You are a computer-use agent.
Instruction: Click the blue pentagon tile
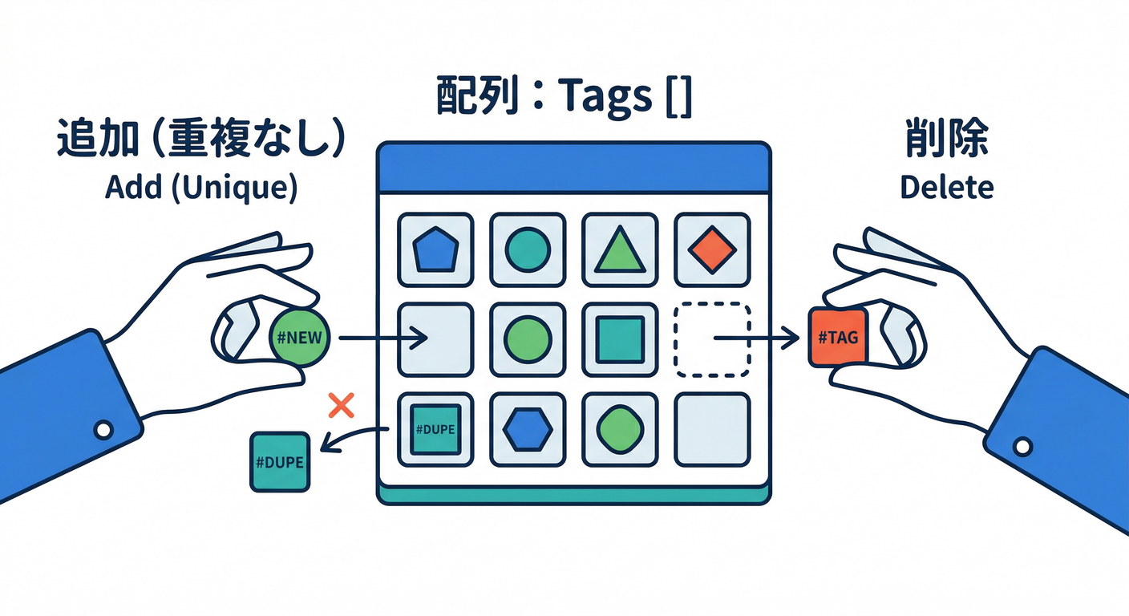(x=436, y=250)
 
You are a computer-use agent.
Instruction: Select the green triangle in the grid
(x=620, y=249)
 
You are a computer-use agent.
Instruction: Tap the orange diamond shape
(x=712, y=249)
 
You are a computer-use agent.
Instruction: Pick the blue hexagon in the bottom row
(x=528, y=430)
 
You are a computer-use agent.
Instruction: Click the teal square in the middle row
(x=620, y=339)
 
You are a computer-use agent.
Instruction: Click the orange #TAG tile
(x=838, y=338)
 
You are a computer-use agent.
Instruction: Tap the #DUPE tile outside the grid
(x=280, y=462)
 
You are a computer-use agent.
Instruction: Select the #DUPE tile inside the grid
(x=435, y=430)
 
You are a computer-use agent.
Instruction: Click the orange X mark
(x=342, y=406)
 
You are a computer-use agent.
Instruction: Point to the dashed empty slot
(x=712, y=339)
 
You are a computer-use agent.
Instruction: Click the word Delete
(x=946, y=188)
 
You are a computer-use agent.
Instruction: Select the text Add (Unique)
(x=200, y=188)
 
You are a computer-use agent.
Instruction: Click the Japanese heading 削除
(x=946, y=140)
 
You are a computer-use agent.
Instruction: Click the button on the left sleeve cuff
(x=103, y=431)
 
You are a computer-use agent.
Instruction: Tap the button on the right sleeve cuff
(x=1022, y=446)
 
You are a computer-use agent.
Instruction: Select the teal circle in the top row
(x=528, y=249)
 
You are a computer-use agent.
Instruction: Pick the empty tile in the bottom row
(x=712, y=430)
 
